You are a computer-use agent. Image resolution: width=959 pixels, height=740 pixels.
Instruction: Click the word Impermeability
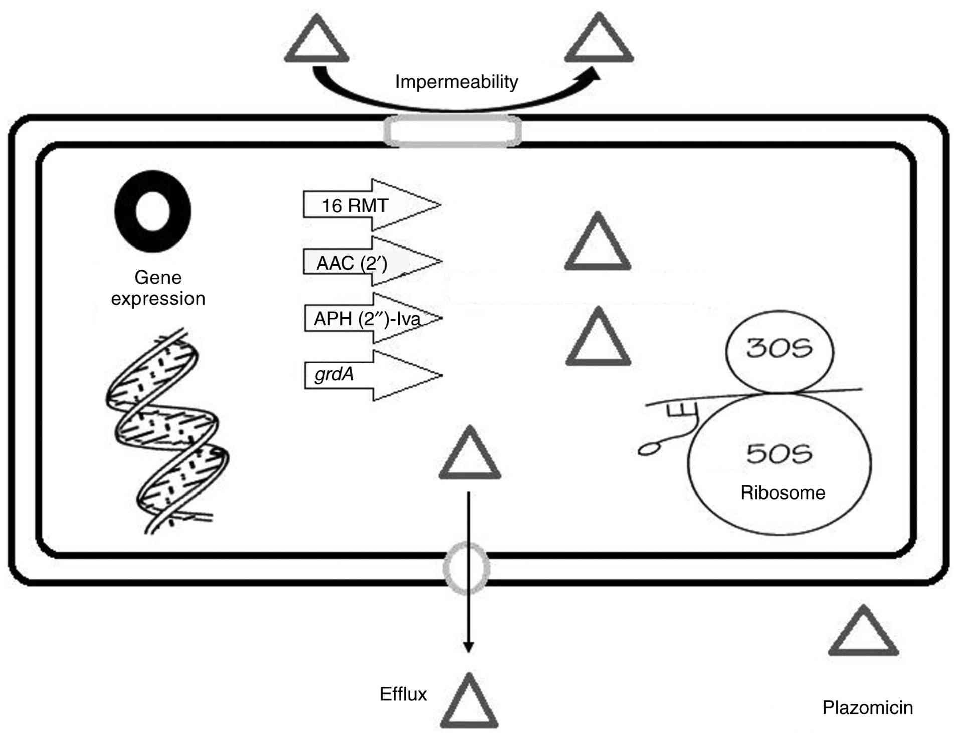(456, 82)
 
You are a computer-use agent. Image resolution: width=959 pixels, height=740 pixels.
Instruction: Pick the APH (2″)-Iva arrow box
(366, 319)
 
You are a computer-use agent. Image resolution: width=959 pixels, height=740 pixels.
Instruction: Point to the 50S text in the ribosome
(779, 454)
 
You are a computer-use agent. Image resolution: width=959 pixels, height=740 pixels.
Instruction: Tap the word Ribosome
(783, 493)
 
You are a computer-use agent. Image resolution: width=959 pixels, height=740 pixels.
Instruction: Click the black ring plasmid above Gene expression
(153, 211)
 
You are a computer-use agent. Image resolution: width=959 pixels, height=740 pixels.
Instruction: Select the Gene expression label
(158, 288)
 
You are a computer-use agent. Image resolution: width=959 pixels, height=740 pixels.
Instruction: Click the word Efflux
(403, 694)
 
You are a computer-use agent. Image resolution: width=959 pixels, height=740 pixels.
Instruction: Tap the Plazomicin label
(867, 708)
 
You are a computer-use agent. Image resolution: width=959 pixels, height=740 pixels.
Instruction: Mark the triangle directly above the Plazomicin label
(863, 634)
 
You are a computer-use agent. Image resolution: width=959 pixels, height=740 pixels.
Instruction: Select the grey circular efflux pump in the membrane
(467, 569)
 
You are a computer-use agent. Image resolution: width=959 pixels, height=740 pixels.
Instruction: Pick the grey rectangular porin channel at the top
(453, 131)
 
